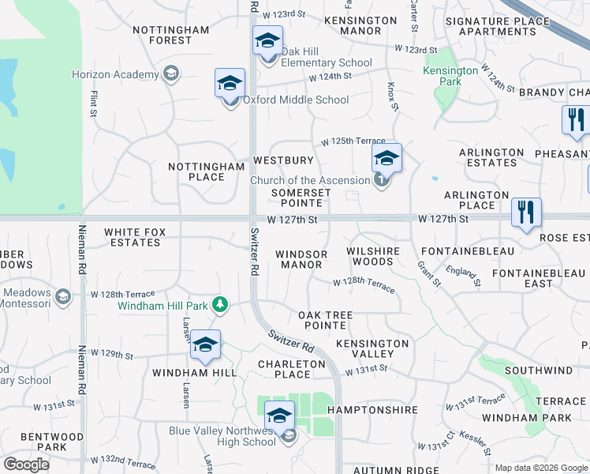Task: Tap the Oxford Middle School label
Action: [295, 100]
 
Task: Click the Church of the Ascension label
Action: [309, 181]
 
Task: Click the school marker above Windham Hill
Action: [205, 344]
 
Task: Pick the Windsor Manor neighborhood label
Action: [301, 260]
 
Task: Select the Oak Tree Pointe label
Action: [325, 320]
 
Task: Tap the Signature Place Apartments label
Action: [497, 26]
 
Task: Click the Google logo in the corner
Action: [26, 464]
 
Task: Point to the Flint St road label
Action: [94, 103]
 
